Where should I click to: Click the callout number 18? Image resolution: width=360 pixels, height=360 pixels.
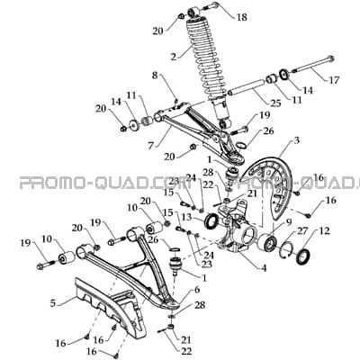(242, 17)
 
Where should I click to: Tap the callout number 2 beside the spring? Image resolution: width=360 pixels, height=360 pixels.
(174, 57)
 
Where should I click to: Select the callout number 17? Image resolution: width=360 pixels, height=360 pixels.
(334, 80)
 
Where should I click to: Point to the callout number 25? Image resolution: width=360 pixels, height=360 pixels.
(275, 103)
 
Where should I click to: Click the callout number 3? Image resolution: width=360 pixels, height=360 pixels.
(296, 141)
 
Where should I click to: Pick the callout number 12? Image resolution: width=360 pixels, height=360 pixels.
(324, 231)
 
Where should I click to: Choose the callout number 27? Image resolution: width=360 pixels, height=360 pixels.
(302, 231)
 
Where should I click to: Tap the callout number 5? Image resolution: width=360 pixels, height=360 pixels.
(53, 303)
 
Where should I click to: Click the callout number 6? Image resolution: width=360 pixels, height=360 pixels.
(197, 290)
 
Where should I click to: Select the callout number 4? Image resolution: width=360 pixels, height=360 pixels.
(264, 268)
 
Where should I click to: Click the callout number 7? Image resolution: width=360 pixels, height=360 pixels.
(151, 146)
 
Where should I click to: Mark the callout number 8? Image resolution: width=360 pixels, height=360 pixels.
(155, 76)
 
